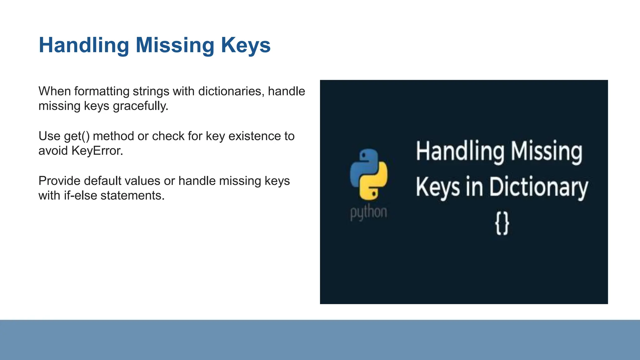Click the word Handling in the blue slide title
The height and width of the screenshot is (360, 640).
(x=84, y=45)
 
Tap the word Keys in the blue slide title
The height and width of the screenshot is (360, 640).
(x=246, y=45)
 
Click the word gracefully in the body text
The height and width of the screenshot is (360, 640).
(x=140, y=106)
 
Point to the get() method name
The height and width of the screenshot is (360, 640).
(x=77, y=136)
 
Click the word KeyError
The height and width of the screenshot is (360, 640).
(x=97, y=151)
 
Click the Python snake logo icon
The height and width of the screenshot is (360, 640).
(x=369, y=174)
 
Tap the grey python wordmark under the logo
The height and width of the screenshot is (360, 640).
(x=368, y=212)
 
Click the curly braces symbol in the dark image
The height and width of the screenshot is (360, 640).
(x=502, y=223)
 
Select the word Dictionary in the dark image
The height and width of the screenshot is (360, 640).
(x=538, y=187)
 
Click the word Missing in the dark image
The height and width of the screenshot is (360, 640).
(x=546, y=152)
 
